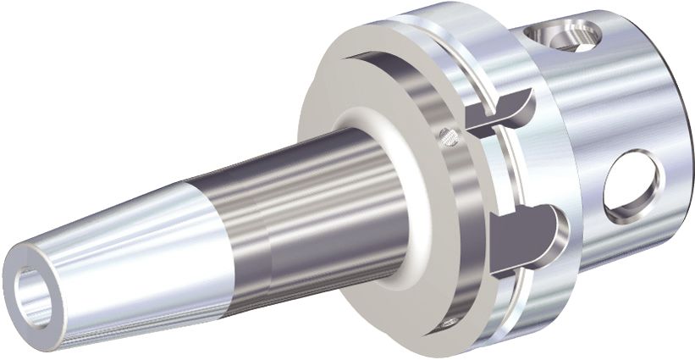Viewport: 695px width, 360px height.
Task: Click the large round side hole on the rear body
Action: tap(633, 185)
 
